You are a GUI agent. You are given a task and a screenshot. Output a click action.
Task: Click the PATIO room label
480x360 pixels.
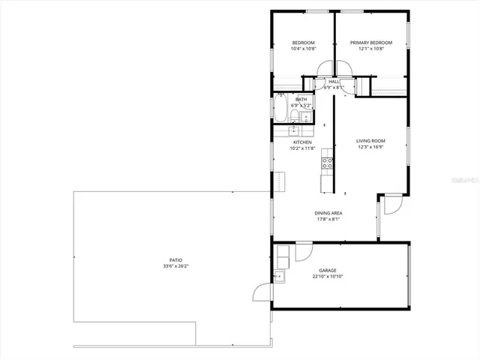(172, 259)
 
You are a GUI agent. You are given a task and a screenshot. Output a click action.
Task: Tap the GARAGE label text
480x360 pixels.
(327, 270)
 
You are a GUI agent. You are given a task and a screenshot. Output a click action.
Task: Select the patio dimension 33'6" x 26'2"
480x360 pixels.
(172, 266)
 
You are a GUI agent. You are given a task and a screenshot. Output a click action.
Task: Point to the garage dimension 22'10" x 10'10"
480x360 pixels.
(327, 277)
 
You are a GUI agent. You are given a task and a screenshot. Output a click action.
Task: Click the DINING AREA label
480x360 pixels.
(328, 213)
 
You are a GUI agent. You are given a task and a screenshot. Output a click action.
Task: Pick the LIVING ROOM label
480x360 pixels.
(370, 141)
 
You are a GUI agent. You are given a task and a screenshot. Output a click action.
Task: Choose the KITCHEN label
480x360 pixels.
(302, 142)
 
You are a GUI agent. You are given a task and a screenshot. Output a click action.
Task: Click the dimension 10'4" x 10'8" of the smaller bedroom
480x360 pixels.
(303, 49)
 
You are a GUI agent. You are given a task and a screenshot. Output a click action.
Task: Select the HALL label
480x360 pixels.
(334, 81)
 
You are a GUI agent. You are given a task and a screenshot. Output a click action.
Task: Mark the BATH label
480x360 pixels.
(301, 99)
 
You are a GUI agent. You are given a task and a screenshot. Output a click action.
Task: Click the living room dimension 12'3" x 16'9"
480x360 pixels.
(370, 148)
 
